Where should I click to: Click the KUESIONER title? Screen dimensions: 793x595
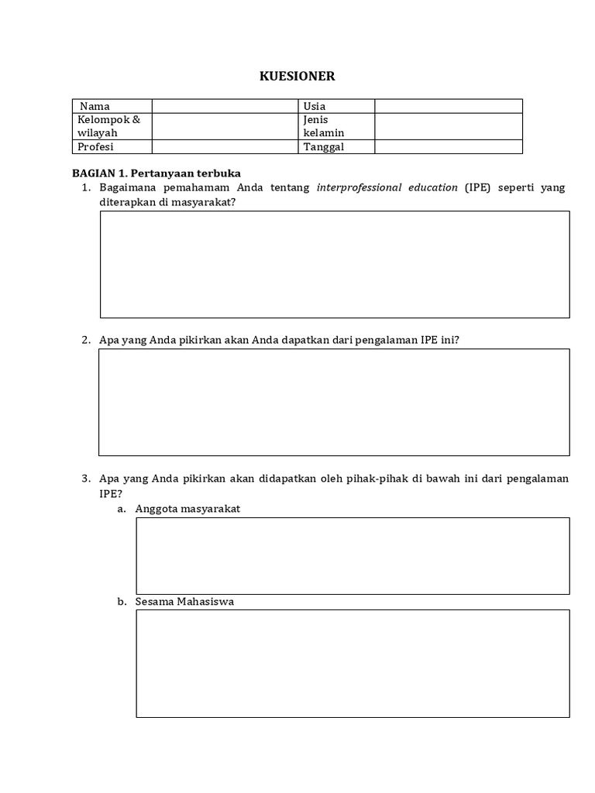click(x=297, y=76)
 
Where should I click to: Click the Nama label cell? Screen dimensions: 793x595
click(x=95, y=106)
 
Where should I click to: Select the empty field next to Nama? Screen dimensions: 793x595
click(x=225, y=106)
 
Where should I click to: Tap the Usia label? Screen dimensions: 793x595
click(x=315, y=106)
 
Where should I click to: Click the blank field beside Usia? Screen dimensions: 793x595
click(x=449, y=106)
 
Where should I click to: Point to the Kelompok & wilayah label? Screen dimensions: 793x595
click(x=108, y=126)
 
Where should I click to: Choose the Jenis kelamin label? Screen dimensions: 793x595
click(x=324, y=126)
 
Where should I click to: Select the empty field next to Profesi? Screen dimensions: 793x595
click(x=225, y=146)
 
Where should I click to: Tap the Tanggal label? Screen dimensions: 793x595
click(x=324, y=146)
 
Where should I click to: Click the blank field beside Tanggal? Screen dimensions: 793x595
click(x=449, y=146)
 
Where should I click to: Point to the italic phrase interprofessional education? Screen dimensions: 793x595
click(x=387, y=187)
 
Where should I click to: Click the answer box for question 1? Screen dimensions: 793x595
click(x=335, y=264)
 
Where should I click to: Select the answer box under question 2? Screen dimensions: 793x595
click(x=334, y=402)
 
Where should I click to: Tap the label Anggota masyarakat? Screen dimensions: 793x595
click(x=187, y=509)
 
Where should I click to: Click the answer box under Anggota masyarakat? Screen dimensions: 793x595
click(x=353, y=556)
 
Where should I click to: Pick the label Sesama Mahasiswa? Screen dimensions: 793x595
click(x=184, y=601)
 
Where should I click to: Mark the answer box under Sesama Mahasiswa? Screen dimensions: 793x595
click(x=353, y=664)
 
